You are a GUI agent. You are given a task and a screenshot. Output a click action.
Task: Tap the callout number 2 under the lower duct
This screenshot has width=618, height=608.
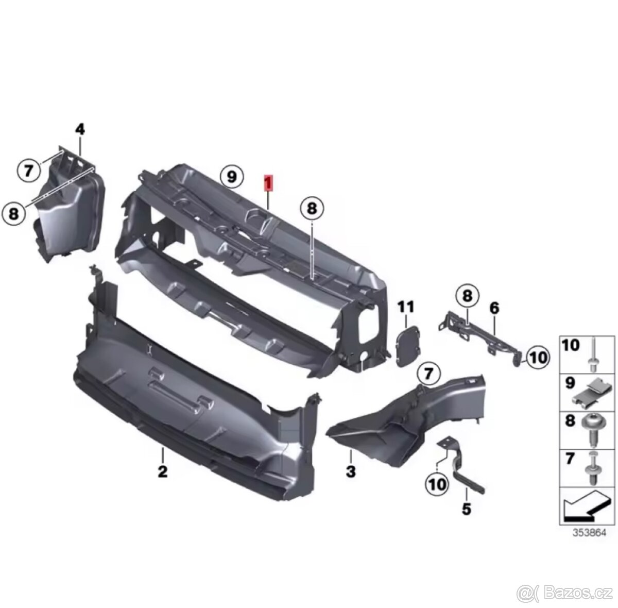(x=163, y=472)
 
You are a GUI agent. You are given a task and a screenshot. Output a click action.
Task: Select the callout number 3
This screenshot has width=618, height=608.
(x=351, y=471)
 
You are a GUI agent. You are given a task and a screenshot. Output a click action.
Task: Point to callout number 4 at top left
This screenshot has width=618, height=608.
(x=80, y=130)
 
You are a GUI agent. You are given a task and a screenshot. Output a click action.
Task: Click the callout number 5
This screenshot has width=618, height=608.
(x=466, y=508)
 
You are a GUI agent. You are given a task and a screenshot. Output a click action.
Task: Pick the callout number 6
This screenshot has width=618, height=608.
(x=494, y=308)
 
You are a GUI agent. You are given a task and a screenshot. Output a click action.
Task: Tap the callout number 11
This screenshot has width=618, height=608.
(x=406, y=308)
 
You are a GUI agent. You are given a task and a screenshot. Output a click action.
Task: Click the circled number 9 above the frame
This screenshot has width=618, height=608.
(x=232, y=177)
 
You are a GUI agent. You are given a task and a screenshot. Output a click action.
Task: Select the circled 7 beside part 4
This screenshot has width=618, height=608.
(x=29, y=171)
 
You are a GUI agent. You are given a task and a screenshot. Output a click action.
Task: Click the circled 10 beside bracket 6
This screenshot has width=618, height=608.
(x=538, y=357)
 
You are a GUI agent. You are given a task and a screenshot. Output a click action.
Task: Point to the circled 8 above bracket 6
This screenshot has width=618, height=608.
(x=467, y=296)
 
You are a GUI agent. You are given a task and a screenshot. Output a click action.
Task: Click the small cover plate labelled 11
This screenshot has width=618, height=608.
(x=408, y=345)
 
